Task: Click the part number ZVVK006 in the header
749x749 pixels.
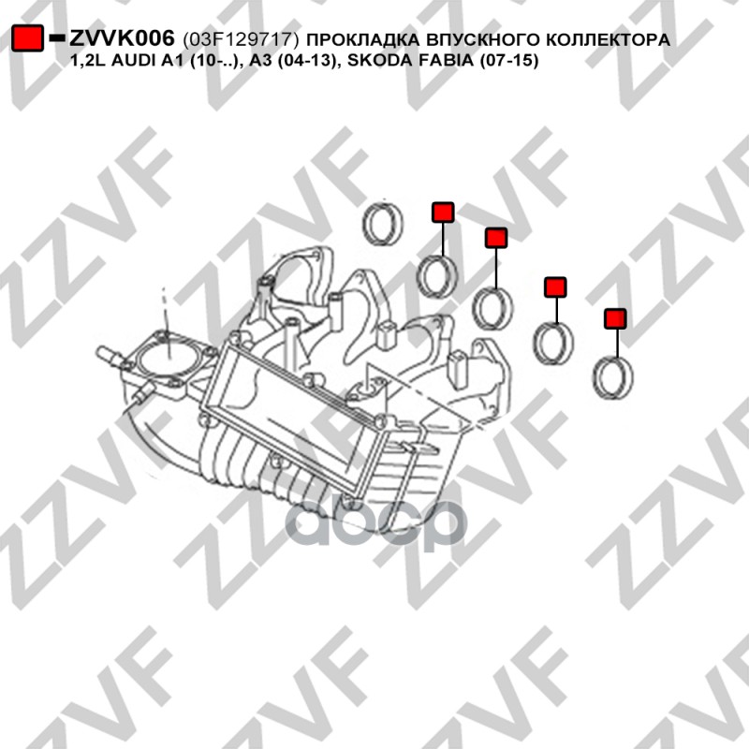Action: [x=123, y=38]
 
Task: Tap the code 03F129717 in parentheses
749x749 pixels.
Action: [x=241, y=39]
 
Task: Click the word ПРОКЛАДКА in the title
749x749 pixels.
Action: [x=360, y=39]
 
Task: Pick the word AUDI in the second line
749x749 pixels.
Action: [x=136, y=61]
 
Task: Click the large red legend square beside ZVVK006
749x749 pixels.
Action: [x=28, y=37]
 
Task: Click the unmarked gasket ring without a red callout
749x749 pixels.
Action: [x=383, y=224]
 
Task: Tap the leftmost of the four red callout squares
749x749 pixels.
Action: [x=443, y=213]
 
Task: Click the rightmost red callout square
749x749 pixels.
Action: [x=615, y=318]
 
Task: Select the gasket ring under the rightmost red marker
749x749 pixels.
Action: [x=613, y=378]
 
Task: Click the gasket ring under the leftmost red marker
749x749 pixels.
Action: [x=437, y=277]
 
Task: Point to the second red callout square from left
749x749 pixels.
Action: [x=496, y=238]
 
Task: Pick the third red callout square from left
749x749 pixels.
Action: [x=555, y=287]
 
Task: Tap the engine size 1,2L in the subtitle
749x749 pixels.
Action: [x=89, y=61]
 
